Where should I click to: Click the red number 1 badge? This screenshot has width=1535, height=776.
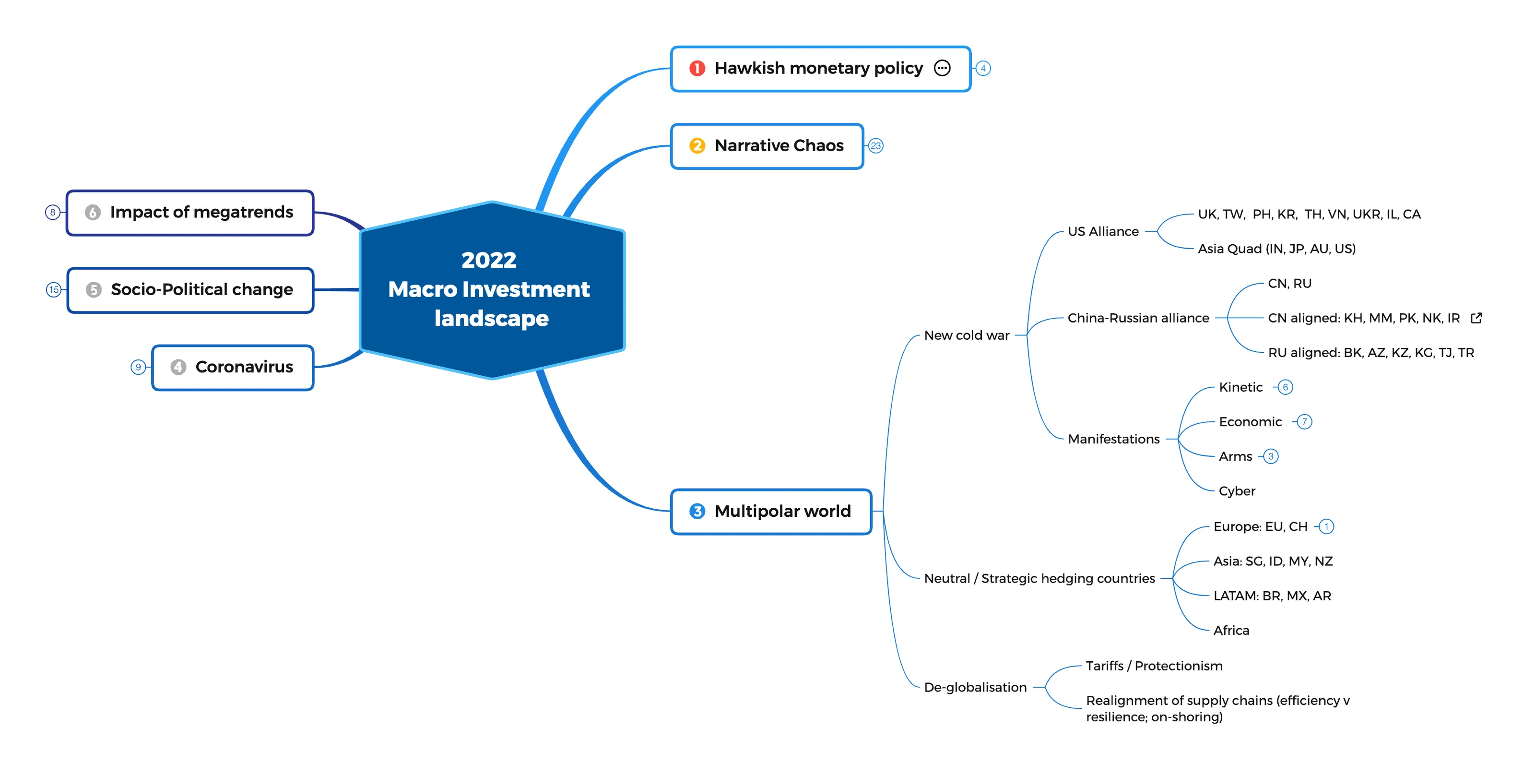coord(697,69)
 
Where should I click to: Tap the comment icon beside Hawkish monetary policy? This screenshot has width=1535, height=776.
coord(942,69)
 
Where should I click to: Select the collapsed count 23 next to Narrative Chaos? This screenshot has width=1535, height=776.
coord(875,146)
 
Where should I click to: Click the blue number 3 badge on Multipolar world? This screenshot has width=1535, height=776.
coord(697,512)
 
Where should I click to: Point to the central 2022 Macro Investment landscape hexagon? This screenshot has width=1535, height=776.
coord(492,290)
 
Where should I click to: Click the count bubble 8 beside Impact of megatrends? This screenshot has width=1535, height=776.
coord(52,212)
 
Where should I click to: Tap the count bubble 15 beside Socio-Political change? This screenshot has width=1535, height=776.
coord(54,290)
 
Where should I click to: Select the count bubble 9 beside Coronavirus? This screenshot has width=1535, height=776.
coord(138,367)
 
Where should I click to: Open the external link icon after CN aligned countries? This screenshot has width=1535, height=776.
coord(1476,318)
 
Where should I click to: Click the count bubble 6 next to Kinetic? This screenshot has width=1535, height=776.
coord(1286,387)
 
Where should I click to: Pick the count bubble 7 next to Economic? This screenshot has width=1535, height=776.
coord(1304,422)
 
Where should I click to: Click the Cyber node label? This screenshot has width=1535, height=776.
coord(1237,491)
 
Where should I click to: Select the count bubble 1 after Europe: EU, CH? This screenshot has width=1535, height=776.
coord(1326,527)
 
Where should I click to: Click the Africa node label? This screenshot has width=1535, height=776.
coord(1231,631)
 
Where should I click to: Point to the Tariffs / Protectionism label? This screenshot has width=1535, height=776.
coord(1154,666)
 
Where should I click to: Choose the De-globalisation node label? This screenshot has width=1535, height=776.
coord(975,688)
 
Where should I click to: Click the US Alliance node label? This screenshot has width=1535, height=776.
coord(1102,232)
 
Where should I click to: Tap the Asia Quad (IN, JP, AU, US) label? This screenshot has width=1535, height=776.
coord(1276,249)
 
